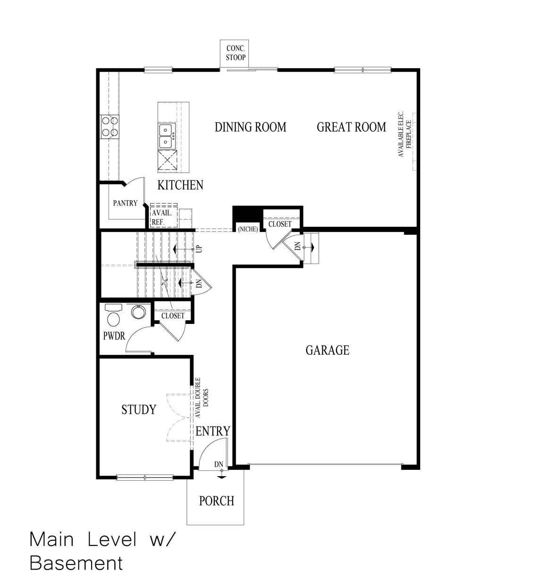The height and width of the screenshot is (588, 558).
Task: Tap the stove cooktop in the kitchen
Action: (109, 127)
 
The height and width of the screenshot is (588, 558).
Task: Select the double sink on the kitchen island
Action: (167, 136)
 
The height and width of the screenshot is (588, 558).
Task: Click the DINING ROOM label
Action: (250, 127)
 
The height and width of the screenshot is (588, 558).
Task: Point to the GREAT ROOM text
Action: (351, 127)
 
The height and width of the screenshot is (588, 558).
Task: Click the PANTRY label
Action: (125, 203)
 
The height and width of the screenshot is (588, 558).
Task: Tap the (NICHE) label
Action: (248, 230)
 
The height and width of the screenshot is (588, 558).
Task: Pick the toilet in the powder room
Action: (113, 316)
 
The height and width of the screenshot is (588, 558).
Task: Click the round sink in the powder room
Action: (138, 312)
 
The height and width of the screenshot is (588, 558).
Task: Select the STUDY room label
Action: (138, 409)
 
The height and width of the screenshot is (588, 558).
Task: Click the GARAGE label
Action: (327, 350)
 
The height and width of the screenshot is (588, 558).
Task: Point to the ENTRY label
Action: (213, 431)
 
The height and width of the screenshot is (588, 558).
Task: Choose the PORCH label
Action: (216, 501)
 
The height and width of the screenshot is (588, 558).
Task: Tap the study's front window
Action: (145, 477)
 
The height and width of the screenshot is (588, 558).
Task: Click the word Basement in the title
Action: (76, 563)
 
